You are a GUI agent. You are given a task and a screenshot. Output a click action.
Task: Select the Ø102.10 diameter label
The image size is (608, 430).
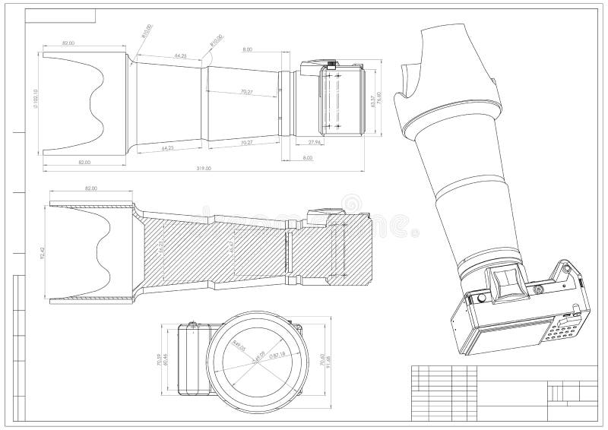pyautogui.click(x=36, y=103)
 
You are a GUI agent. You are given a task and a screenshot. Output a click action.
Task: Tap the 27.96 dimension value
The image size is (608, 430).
pyautogui.click(x=315, y=142)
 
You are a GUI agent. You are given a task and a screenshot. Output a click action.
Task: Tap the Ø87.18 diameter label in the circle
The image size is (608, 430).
pyautogui.click(x=277, y=354)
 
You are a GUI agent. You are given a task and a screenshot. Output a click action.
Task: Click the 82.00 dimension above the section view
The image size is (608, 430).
pyautogui.click(x=91, y=188)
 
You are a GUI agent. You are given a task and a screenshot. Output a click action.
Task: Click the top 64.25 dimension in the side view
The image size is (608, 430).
pyautogui.click(x=181, y=56)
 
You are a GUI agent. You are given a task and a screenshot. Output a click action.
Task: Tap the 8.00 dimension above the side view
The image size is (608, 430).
pyautogui.click(x=248, y=49)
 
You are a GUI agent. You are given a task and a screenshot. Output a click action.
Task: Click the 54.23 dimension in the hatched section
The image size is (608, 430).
pyautogui.click(x=161, y=248)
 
